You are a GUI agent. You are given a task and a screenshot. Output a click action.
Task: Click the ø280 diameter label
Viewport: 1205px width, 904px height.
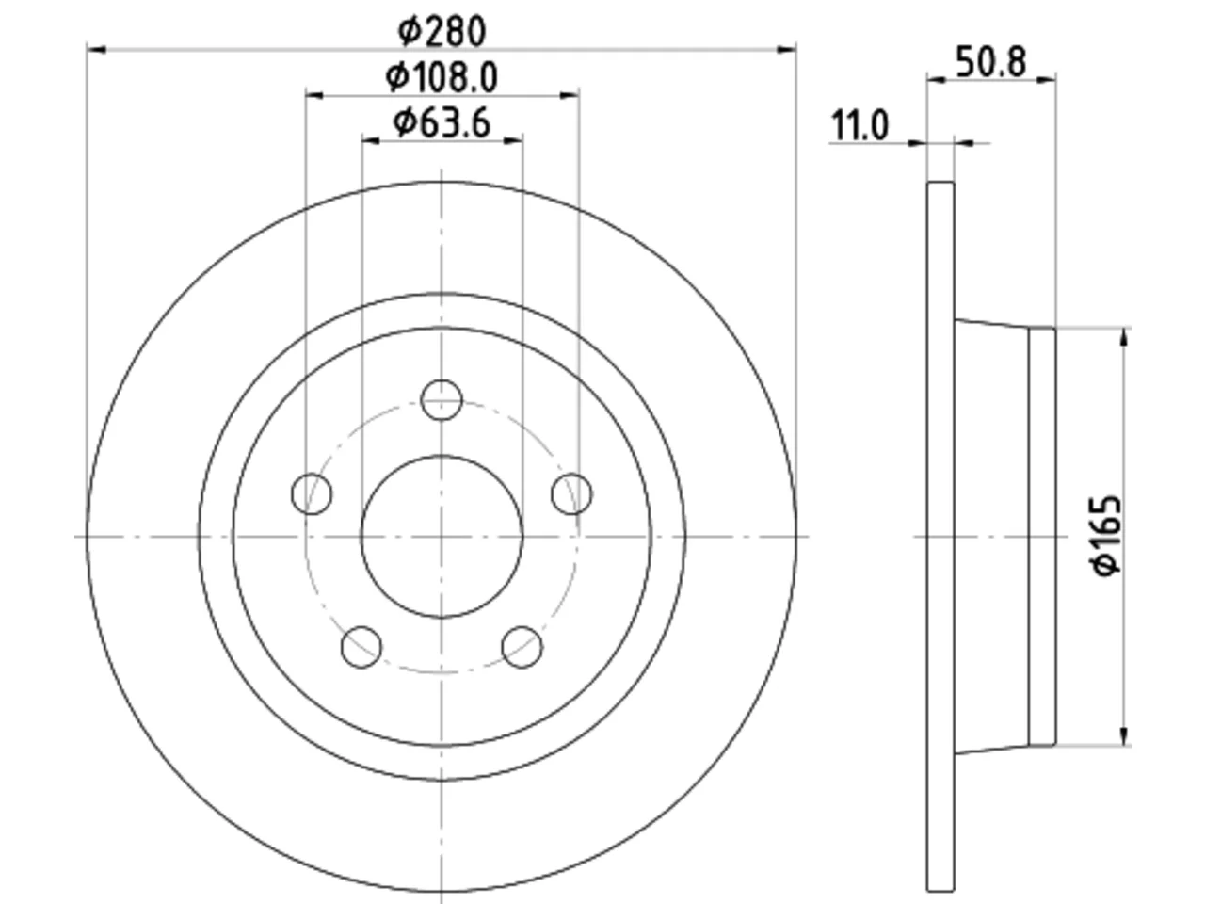(x=442, y=31)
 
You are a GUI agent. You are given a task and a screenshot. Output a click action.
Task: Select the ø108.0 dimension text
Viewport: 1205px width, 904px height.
(x=442, y=77)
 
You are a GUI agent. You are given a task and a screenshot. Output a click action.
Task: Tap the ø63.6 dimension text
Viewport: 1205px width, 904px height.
(x=442, y=123)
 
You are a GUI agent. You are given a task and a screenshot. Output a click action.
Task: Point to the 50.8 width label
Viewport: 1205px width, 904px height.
(x=991, y=62)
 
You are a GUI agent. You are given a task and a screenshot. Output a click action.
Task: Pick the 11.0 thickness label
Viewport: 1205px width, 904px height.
(x=860, y=125)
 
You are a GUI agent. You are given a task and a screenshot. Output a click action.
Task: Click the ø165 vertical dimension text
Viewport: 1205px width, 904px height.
(x=1105, y=536)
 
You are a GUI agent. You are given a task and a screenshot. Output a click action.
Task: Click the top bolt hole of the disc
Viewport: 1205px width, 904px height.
(x=442, y=400)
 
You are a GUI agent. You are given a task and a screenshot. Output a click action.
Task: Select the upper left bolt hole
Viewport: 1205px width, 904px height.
(x=312, y=494)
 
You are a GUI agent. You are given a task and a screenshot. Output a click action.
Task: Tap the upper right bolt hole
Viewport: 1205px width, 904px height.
(x=572, y=494)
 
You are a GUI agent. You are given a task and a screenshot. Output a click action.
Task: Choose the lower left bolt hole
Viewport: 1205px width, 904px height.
(x=361, y=647)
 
